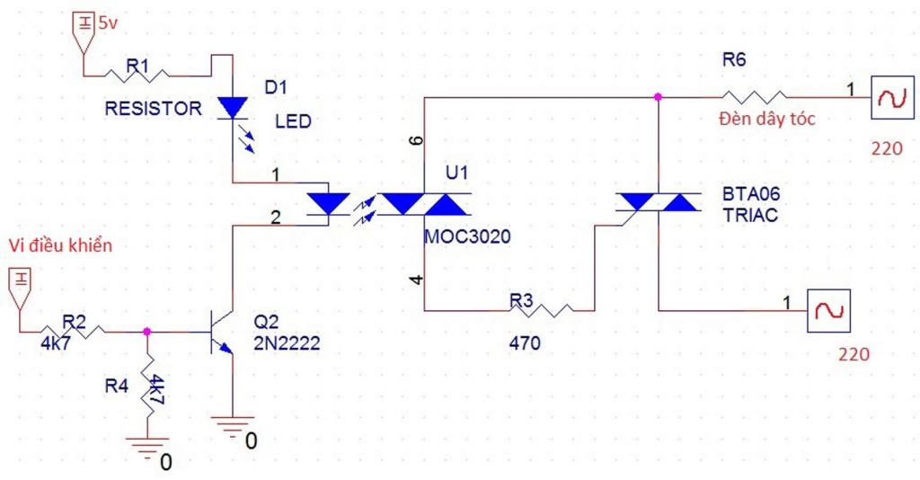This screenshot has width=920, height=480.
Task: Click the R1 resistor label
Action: coord(137,65)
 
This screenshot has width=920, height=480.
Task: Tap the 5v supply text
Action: coord(108,23)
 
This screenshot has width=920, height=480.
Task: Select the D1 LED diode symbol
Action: coord(233,108)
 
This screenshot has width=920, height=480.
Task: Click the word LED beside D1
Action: coord(293,121)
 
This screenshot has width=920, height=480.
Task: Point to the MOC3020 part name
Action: coord(467,236)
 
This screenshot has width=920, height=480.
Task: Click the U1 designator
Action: coord(457,173)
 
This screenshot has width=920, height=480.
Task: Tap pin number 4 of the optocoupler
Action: coord(416,280)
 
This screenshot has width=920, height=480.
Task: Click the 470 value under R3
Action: coord(525,342)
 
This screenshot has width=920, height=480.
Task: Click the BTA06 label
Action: coord(752,193)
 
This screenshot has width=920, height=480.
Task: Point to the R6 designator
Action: coord(734,60)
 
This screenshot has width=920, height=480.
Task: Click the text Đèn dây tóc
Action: coord(767,119)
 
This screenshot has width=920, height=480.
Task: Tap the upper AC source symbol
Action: coord(892,98)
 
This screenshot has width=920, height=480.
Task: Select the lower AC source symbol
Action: coord(828,311)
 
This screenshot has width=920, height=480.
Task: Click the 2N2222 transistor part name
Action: coord(287,342)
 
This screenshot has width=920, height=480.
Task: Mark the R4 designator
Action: coord(117,386)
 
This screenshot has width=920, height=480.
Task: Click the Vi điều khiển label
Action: coord(60,244)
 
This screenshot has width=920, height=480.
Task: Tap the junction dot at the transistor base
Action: coord(146,332)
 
